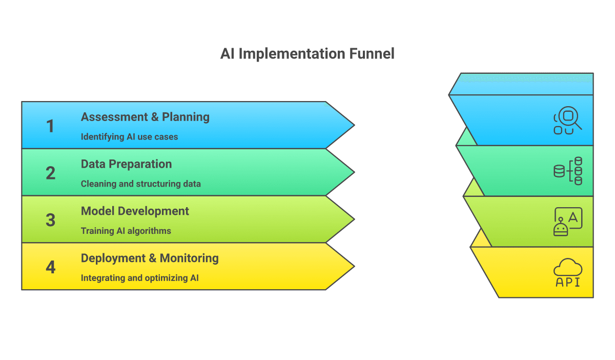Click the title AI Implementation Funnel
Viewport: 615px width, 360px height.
click(x=307, y=54)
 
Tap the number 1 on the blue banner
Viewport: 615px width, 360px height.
click(x=50, y=126)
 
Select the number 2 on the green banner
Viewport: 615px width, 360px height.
click(x=50, y=173)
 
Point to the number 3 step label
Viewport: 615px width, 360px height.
click(x=50, y=220)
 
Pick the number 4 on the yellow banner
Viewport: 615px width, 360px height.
click(x=50, y=267)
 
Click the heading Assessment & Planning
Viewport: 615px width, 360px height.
click(x=145, y=117)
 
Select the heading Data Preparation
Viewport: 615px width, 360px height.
click(x=126, y=164)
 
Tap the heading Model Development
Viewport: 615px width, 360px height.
click(x=135, y=211)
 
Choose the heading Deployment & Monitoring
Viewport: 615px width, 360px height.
click(x=150, y=258)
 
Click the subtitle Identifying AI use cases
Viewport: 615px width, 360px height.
click(x=129, y=137)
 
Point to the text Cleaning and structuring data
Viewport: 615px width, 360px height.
click(x=140, y=184)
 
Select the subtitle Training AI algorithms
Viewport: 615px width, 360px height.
click(x=126, y=231)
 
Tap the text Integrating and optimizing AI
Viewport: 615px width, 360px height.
click(x=139, y=278)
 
